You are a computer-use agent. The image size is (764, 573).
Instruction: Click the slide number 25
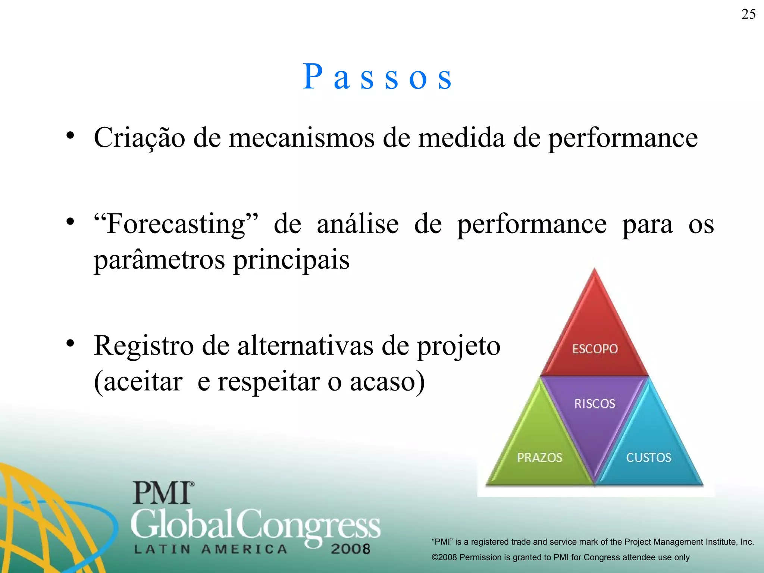(x=748, y=15)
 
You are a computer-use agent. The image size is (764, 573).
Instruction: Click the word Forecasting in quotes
(x=176, y=224)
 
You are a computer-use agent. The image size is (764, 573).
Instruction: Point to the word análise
(x=357, y=224)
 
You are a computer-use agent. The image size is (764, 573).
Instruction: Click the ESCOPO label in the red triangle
(x=595, y=349)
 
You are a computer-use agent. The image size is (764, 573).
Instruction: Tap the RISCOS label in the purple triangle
(x=595, y=404)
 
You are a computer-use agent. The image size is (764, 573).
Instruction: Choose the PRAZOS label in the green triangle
(x=539, y=458)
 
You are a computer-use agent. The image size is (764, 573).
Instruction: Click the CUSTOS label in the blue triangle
(x=648, y=458)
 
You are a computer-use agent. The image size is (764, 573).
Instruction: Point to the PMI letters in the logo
(x=162, y=493)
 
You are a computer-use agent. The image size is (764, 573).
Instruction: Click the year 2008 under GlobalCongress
(x=350, y=549)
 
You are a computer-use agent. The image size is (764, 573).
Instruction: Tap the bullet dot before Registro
(x=70, y=343)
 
